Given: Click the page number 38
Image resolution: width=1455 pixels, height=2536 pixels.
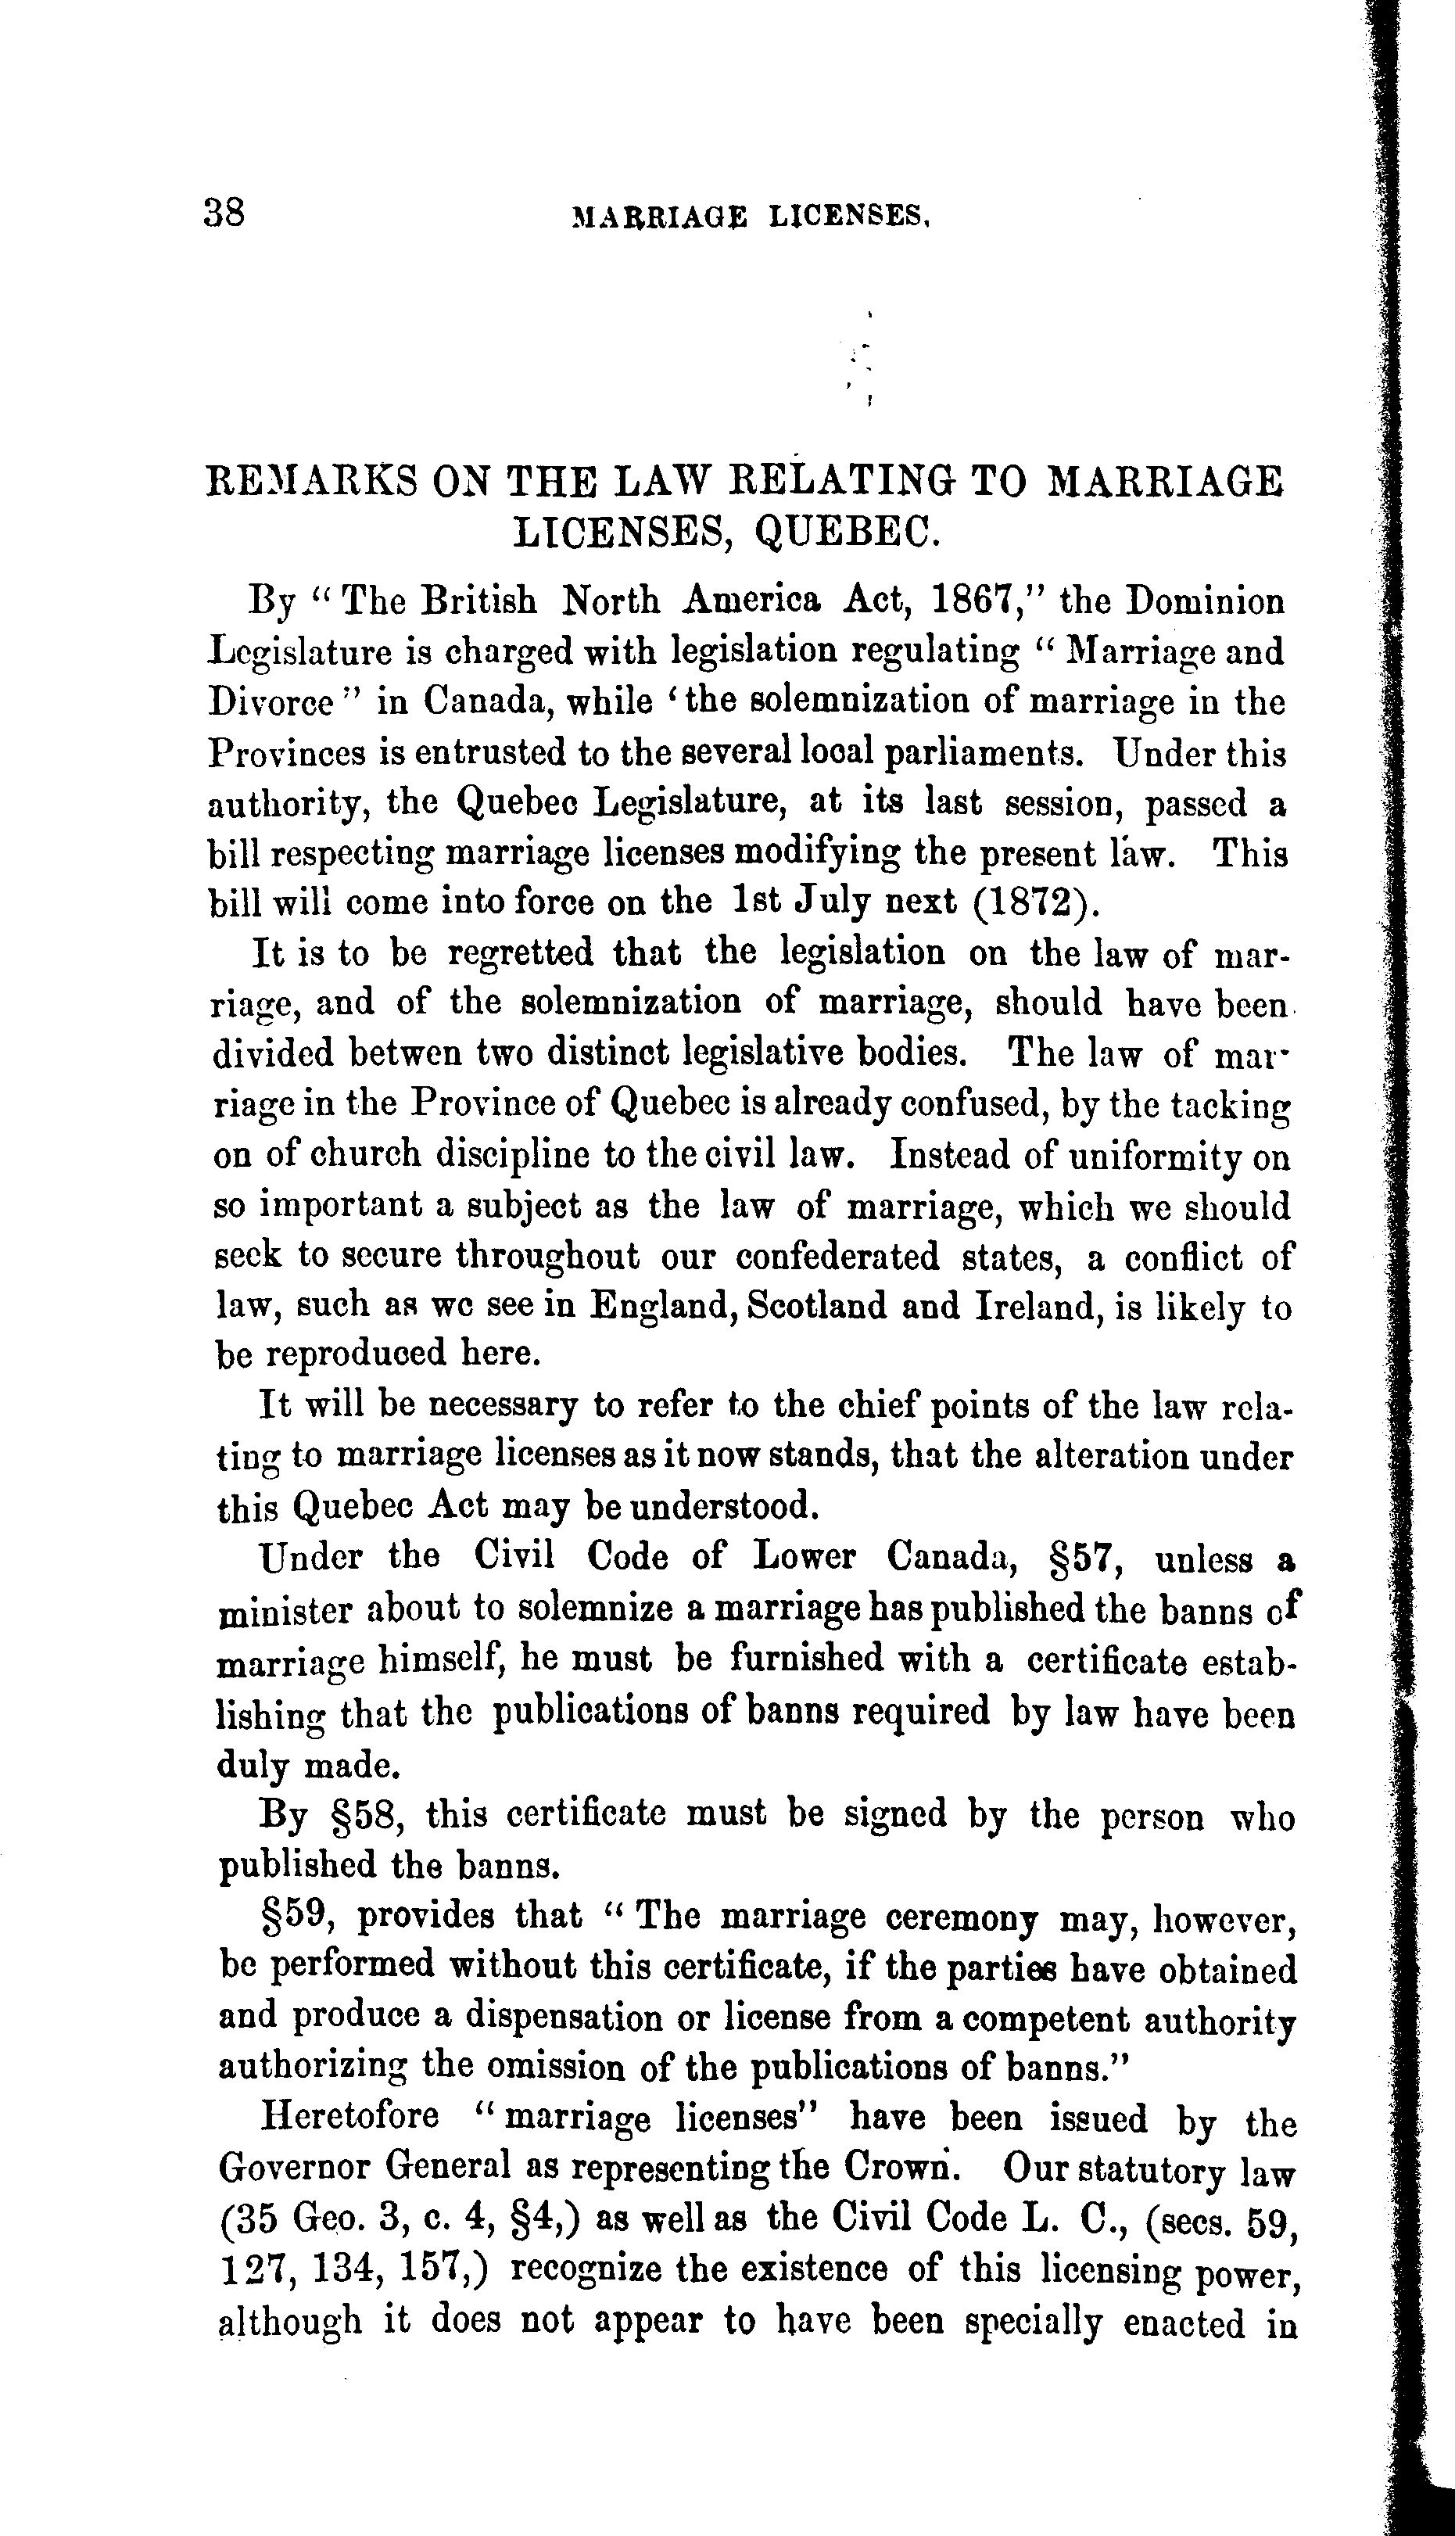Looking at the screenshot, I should tap(224, 213).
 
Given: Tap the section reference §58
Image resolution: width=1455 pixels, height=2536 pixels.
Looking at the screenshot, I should tap(364, 1813).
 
